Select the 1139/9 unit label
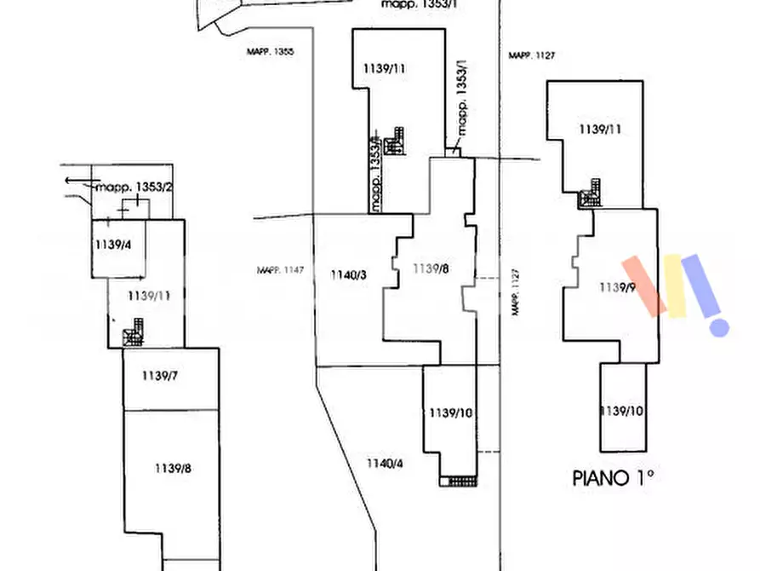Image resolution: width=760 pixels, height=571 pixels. pos(618,287)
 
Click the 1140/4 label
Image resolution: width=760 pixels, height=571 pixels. pos(384,463)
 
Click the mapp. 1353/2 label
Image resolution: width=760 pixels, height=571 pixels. pos(134,187)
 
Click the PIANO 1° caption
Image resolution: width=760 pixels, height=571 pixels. pos(612,478)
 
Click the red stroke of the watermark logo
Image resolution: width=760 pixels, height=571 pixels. pos(644,285)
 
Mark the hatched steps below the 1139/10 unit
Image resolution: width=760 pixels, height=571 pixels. pos(458,481)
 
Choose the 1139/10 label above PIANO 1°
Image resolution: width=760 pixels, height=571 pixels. pos(621,411)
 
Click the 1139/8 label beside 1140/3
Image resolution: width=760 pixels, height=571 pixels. pos(431,269)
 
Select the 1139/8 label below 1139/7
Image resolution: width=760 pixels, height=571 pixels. pos(172,467)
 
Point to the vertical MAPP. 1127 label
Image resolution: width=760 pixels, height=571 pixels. pos(515,292)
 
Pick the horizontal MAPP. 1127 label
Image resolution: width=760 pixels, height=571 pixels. pos(532,55)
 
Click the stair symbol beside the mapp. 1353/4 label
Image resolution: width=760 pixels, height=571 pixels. pos(394,141)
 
